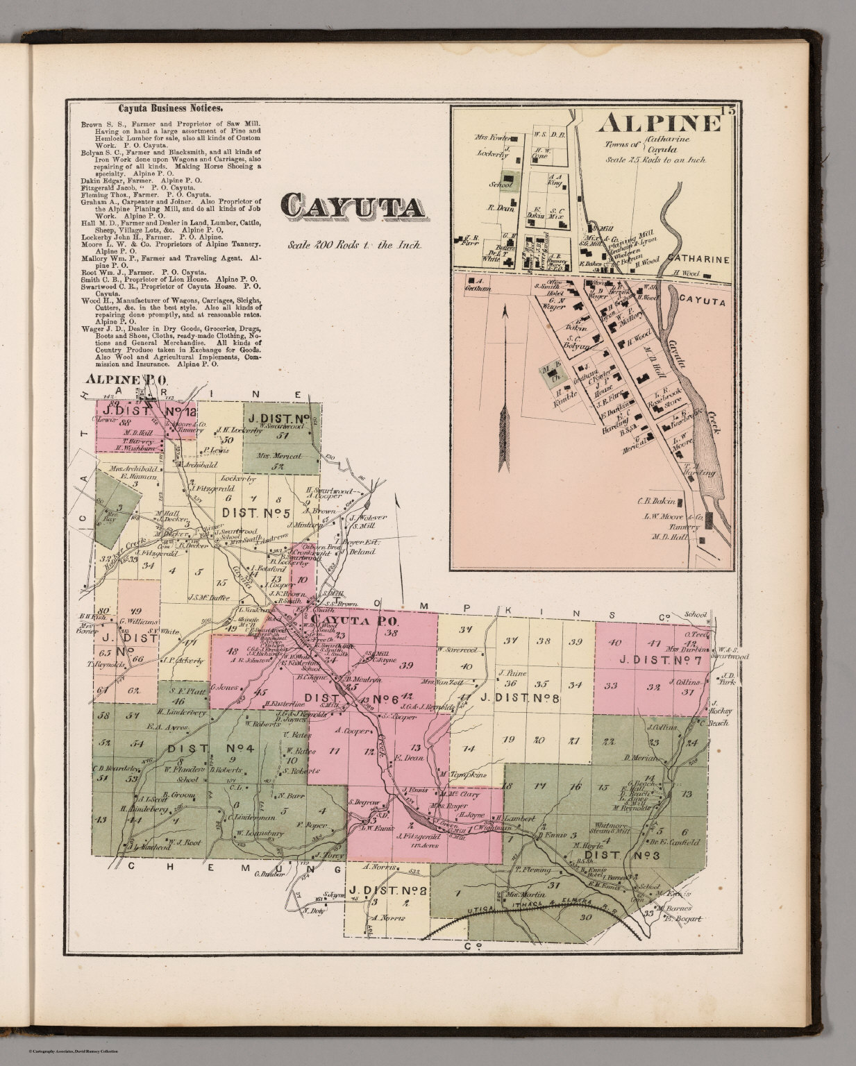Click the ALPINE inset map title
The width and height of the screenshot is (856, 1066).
(659, 123)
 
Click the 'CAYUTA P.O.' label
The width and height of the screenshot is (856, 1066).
(353, 620)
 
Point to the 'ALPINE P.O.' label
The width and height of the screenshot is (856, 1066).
(124, 380)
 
